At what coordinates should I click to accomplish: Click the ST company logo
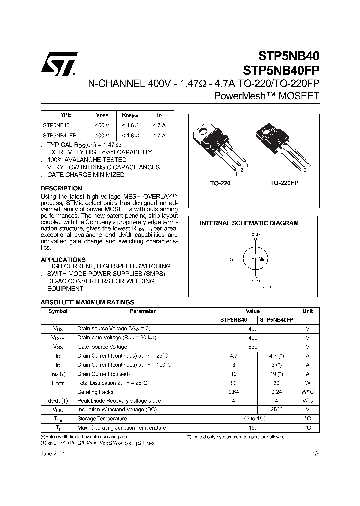[59, 65]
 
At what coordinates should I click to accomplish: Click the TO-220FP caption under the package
[284, 183]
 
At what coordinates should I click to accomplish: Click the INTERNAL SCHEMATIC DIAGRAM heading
[249, 223]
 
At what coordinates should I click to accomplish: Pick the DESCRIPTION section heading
[61, 188]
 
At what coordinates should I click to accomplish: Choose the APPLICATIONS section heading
[63, 260]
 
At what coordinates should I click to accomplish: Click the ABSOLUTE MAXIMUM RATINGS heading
[87, 302]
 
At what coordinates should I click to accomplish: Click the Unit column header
[307, 311]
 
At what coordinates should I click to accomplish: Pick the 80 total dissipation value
[233, 382]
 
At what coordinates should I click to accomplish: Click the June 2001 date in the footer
[52, 453]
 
